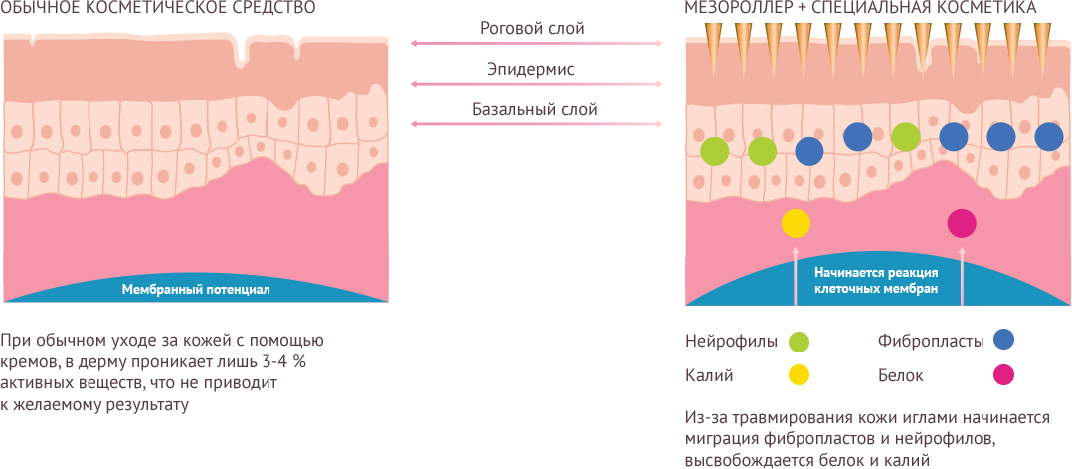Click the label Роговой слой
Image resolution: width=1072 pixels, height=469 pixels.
pyautogui.click(x=532, y=28)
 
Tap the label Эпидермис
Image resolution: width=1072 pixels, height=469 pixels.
pyautogui.click(x=531, y=69)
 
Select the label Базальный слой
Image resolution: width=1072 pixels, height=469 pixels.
pyautogui.click(x=534, y=109)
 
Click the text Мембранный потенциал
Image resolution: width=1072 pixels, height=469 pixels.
pyautogui.click(x=196, y=290)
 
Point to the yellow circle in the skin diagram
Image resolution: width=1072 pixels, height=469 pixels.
pyautogui.click(x=797, y=223)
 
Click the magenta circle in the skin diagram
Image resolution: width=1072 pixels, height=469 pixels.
pyautogui.click(x=962, y=223)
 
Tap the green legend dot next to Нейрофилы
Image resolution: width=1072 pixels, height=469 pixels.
pyautogui.click(x=799, y=342)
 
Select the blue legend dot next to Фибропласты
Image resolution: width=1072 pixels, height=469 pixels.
pyautogui.click(x=1003, y=340)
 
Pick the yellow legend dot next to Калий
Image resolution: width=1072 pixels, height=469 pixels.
pyautogui.click(x=799, y=375)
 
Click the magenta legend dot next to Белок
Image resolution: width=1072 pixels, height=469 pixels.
pyautogui.click(x=1003, y=375)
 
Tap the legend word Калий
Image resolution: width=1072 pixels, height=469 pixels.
pyautogui.click(x=709, y=375)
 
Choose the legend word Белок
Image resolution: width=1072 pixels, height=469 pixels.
pyautogui.click(x=901, y=375)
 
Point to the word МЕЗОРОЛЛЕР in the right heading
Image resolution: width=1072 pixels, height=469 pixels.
pyautogui.click(x=736, y=8)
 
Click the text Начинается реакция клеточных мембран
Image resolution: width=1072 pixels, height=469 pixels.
pyautogui.click(x=876, y=279)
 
